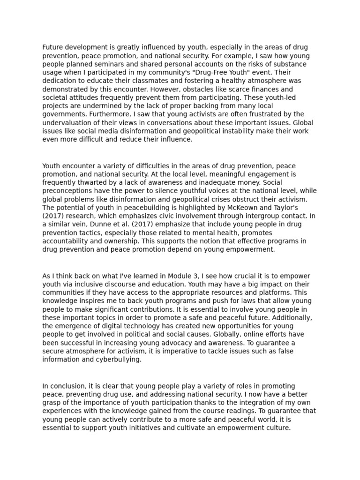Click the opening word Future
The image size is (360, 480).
[x=52, y=47]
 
